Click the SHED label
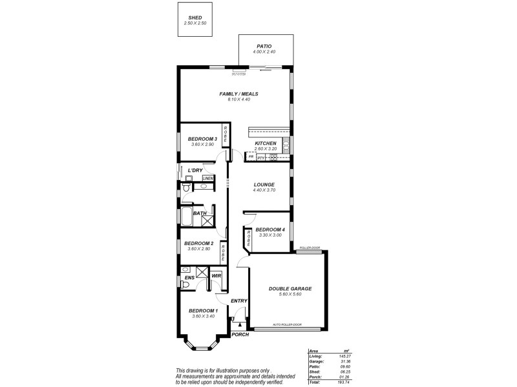click(x=195, y=18)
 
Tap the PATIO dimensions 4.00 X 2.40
click(x=266, y=52)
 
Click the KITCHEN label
click(x=266, y=143)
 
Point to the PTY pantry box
click(x=261, y=157)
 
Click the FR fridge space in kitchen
click(x=251, y=157)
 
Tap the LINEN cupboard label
click(x=208, y=177)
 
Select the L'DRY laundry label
click(x=194, y=170)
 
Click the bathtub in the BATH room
click(x=185, y=218)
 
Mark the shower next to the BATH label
click(x=207, y=221)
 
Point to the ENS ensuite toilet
click(x=185, y=270)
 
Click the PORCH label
click(x=240, y=334)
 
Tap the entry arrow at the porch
click(x=241, y=325)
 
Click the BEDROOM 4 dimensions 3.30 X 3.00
click(x=269, y=235)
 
